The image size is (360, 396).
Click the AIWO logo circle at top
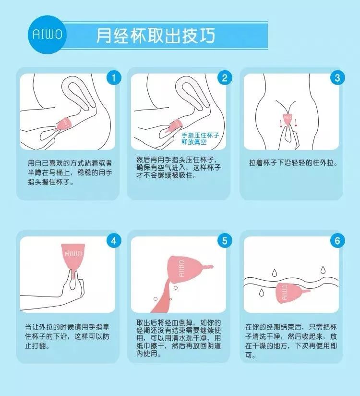pos(47,35)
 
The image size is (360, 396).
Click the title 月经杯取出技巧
pos(156,36)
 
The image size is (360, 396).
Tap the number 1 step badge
pos(114,78)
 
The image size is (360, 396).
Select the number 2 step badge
pos(225,78)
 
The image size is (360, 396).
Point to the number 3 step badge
pos(337,78)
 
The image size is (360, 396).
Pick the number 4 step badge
pos(114,241)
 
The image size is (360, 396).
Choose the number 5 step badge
pos(225,241)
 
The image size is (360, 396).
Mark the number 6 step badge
pos(337,241)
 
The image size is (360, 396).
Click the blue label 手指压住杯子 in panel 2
pos(200,135)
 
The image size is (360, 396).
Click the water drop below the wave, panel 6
pos(261,292)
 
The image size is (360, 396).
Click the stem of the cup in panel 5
pos(208,267)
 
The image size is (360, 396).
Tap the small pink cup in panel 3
pos(288,120)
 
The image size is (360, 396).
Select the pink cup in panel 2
pos(175,126)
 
